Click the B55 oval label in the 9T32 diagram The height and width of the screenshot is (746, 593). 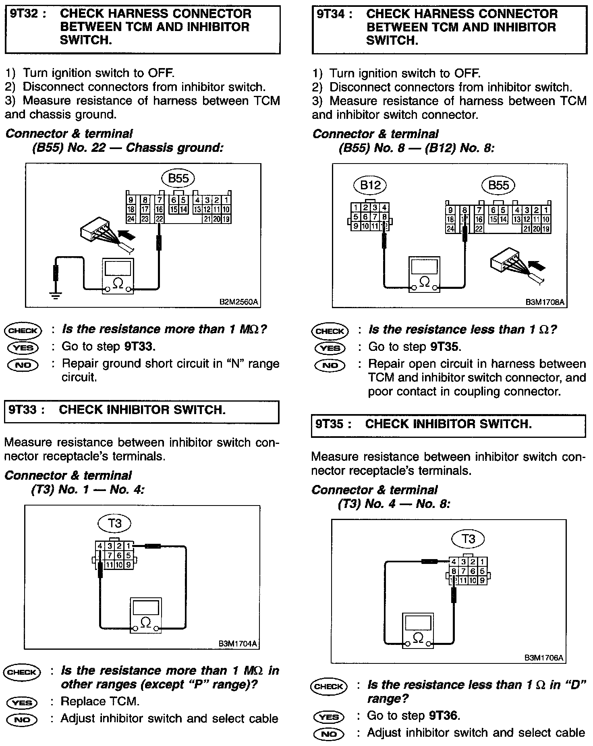178,178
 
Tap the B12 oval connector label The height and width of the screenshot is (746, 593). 370,185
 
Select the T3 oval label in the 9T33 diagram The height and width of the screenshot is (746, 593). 115,523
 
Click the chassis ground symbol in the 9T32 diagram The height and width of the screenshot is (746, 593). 55,295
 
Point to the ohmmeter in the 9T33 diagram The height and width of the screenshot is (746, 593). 145,615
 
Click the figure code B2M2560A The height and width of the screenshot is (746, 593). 238,301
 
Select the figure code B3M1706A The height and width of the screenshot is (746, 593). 544,658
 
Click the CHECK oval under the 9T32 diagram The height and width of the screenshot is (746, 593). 23,331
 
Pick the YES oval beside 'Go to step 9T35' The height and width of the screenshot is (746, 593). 330,348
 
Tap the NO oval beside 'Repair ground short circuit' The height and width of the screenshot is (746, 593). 23,365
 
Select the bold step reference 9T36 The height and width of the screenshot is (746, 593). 444,715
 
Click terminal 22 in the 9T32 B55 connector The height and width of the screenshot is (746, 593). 160,219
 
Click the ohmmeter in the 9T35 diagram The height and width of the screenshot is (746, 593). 418,631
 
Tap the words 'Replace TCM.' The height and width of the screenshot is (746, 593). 100,701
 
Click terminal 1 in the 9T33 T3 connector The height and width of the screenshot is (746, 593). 129,546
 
